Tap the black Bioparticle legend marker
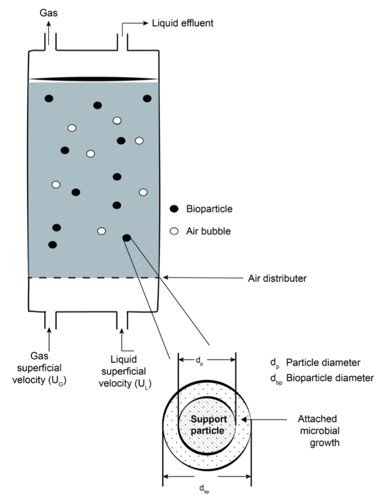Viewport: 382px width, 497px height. (174, 209)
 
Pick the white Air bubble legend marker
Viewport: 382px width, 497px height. (174, 232)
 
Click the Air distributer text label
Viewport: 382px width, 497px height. (274, 279)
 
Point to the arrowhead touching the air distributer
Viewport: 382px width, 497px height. (164, 278)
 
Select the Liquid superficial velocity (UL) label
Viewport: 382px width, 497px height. (122, 370)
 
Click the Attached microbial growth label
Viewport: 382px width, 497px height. (323, 430)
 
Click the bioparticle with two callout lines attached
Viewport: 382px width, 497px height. (127, 237)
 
